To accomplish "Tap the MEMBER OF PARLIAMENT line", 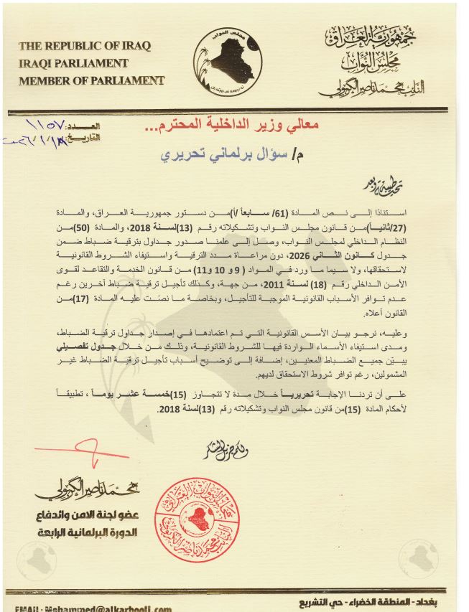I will click(92, 80).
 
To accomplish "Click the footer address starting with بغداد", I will click(389, 598).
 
